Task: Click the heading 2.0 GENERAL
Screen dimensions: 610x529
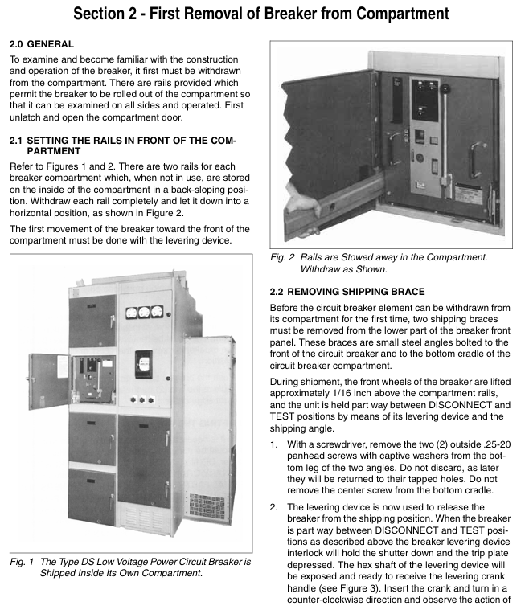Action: (x=41, y=43)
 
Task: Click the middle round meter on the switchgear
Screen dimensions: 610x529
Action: (x=145, y=313)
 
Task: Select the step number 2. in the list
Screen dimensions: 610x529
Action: (x=274, y=507)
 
